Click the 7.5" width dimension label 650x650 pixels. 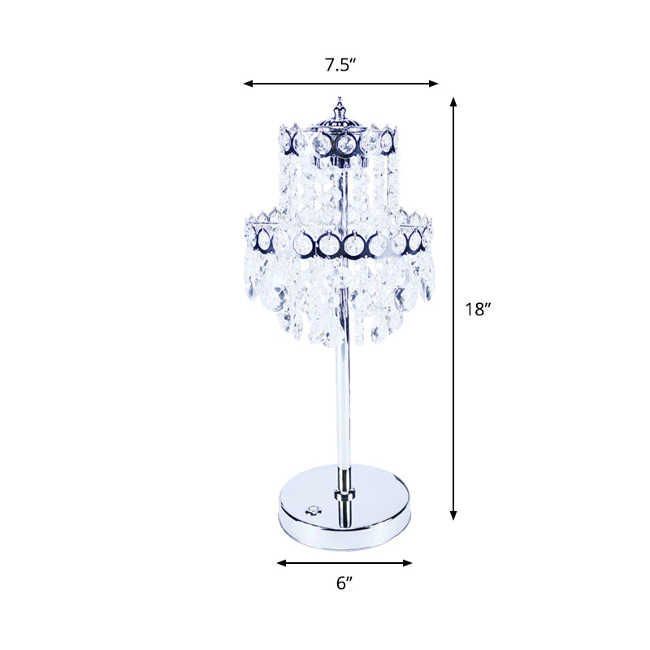341,66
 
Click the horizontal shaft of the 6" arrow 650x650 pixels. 344,562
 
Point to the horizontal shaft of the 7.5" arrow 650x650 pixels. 341,83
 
